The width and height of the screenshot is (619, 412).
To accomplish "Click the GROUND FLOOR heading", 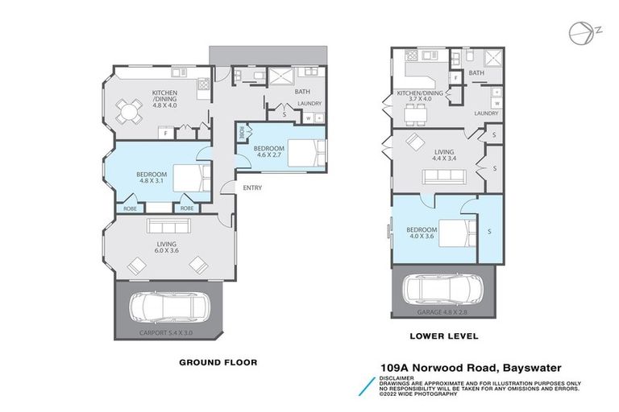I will tap(218, 362).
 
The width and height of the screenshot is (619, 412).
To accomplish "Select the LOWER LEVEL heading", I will tap(445, 336).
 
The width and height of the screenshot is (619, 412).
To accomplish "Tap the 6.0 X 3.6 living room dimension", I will tap(167, 251).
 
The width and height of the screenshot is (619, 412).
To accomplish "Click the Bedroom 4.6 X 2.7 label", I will tap(268, 152).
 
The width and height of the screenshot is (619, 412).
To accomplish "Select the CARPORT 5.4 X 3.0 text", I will tap(167, 332).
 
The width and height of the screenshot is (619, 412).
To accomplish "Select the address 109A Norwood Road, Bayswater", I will tap(470, 368).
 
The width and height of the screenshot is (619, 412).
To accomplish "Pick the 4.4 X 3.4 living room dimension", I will tap(444, 159).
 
